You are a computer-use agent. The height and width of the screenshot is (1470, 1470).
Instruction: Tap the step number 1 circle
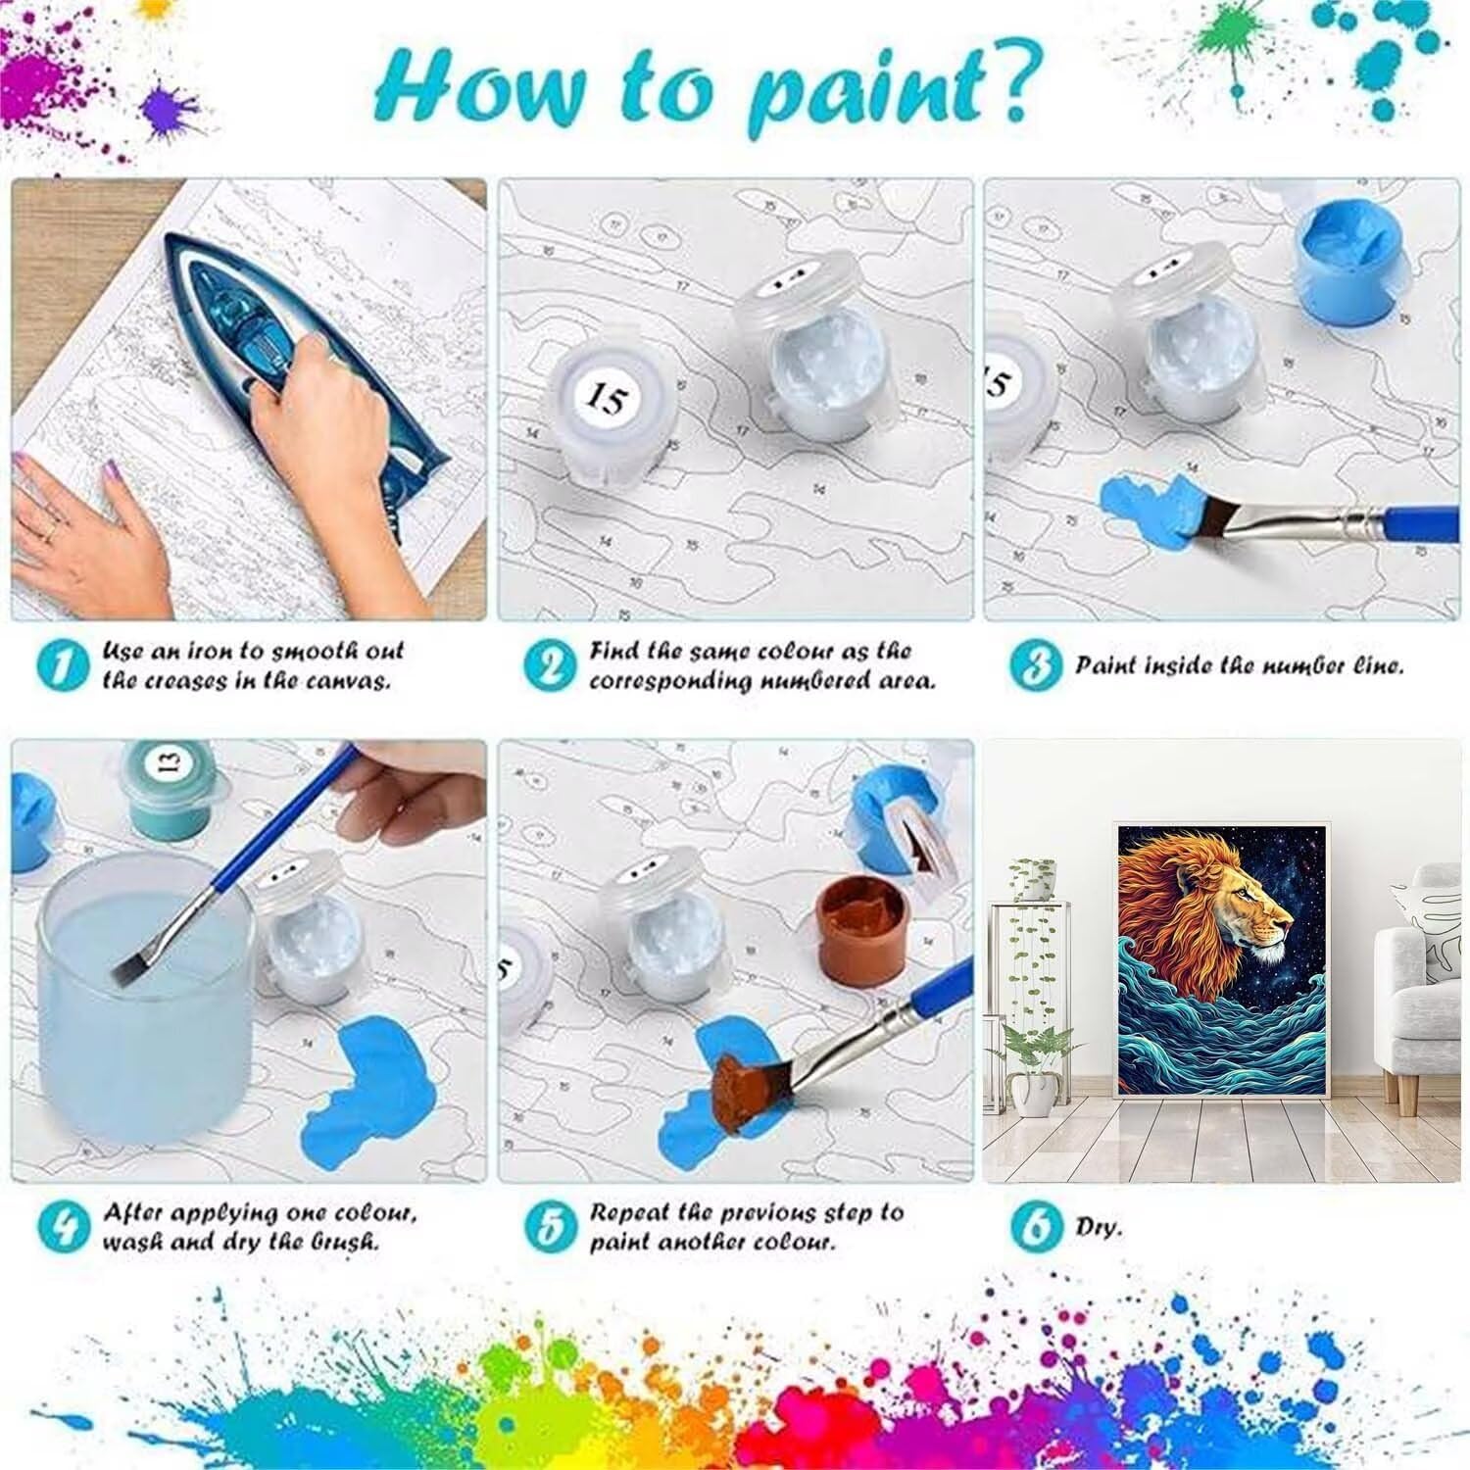point(62,665)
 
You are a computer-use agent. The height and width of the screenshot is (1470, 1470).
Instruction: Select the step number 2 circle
point(549,665)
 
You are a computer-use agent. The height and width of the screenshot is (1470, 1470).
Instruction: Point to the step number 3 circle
point(1036,665)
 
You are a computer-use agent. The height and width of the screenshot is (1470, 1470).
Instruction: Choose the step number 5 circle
point(549,1227)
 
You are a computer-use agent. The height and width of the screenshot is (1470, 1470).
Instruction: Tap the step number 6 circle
point(1036,1227)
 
